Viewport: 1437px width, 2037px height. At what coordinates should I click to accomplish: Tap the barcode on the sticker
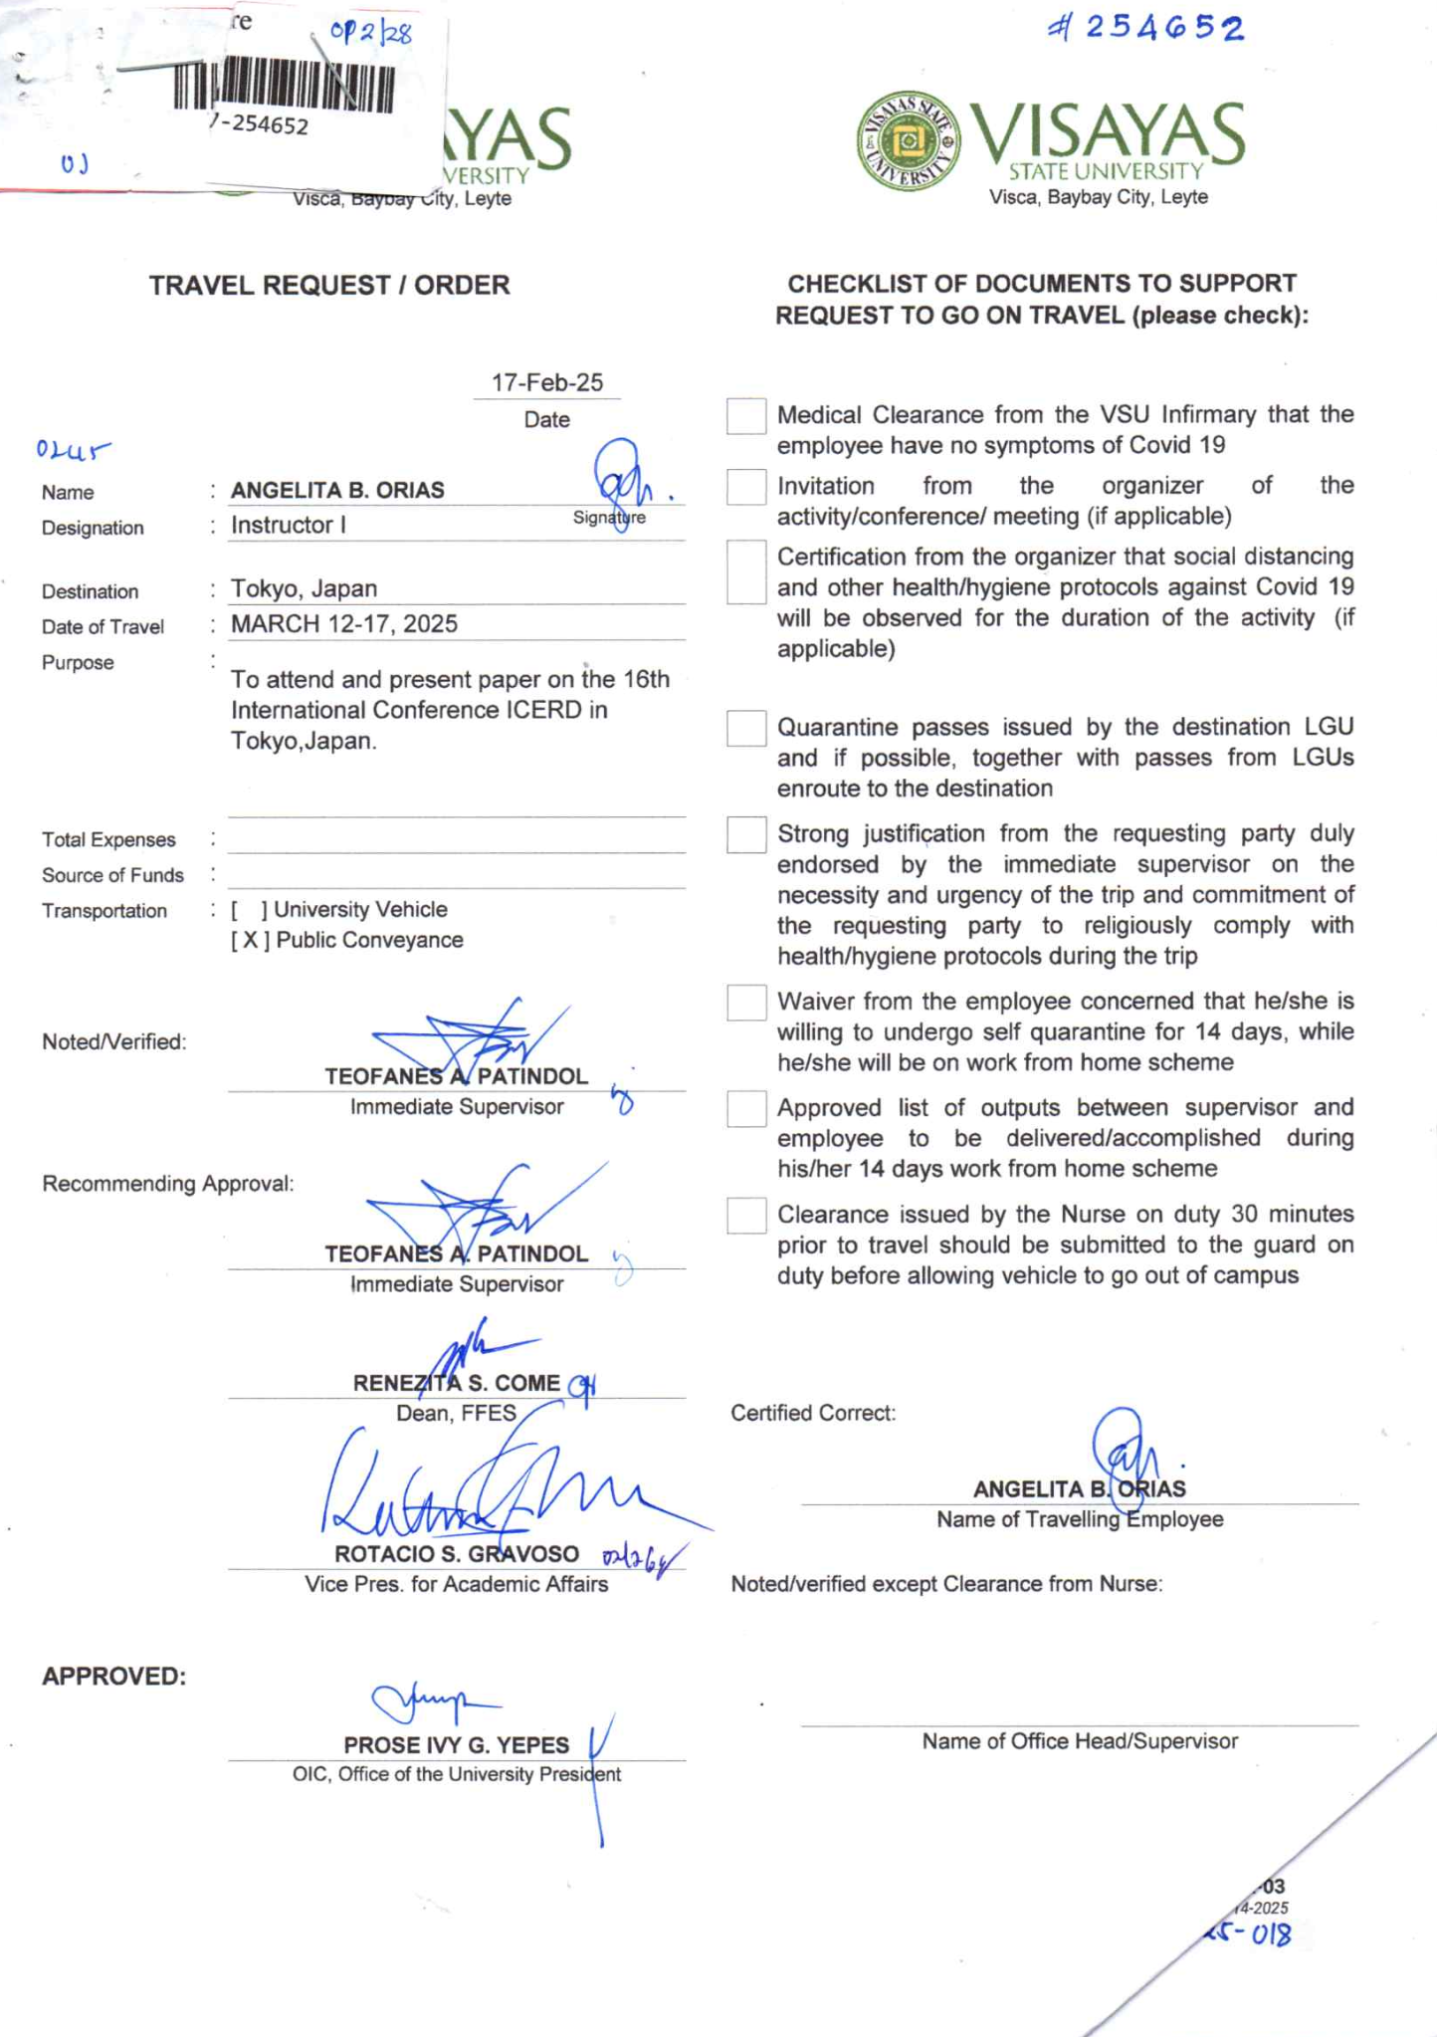(x=284, y=88)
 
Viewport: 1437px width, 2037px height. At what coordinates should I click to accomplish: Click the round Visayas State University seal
(x=908, y=141)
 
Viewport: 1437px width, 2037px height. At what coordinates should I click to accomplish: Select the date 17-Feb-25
(x=546, y=383)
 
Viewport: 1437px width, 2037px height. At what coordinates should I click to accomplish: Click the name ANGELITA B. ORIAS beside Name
(x=337, y=490)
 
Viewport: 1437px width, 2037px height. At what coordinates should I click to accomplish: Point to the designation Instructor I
(x=289, y=526)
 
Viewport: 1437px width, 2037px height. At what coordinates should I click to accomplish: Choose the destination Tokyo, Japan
(x=304, y=588)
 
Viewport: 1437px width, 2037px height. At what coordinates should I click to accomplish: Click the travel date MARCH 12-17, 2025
(x=344, y=624)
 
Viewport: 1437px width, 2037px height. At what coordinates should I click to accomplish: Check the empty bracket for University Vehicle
(x=249, y=910)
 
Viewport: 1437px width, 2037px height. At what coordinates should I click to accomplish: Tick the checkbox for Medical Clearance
(x=746, y=416)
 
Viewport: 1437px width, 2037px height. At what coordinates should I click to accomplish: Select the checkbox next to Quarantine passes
(x=746, y=728)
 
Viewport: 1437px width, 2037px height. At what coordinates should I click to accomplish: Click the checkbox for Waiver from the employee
(x=746, y=1003)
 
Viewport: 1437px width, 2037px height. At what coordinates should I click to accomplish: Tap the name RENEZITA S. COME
(x=456, y=1383)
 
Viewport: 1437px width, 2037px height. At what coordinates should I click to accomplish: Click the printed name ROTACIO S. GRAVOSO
(x=456, y=1554)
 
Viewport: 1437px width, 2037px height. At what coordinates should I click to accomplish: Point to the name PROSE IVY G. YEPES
(x=456, y=1745)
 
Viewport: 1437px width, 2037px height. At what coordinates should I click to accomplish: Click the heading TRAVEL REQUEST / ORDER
(x=329, y=286)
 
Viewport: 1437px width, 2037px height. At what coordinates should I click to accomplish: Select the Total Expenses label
(x=108, y=840)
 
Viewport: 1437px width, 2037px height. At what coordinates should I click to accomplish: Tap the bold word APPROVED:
(x=113, y=1677)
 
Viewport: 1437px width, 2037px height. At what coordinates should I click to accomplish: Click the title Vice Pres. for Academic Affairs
(x=456, y=1584)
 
